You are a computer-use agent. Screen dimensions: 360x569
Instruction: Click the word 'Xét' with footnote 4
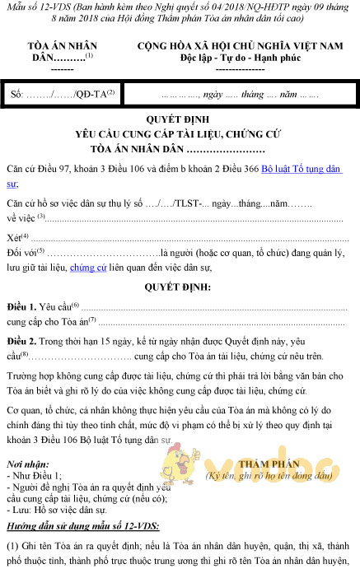[x=16, y=236]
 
